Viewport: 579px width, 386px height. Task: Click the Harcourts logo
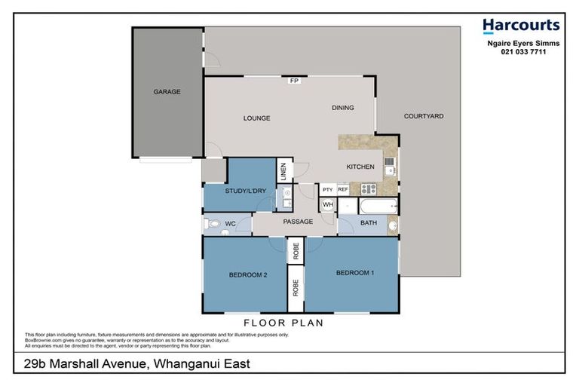521,26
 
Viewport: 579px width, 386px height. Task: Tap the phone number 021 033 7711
521,53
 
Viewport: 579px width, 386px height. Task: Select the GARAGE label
167,92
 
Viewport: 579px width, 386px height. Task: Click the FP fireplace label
294,81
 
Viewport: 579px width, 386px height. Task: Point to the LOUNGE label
256,118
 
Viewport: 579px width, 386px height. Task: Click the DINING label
342,108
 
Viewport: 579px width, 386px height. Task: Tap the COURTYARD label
424,116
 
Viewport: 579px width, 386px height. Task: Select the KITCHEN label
360,167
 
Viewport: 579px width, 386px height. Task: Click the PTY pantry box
328,189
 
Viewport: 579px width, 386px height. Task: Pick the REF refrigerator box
343,189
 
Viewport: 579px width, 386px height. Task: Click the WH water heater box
328,204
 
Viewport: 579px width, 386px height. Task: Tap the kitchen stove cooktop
367,189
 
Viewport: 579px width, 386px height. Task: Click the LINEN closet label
282,172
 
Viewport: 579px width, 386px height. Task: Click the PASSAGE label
298,222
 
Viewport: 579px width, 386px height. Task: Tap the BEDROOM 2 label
248,275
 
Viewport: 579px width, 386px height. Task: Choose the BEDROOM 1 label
355,272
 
